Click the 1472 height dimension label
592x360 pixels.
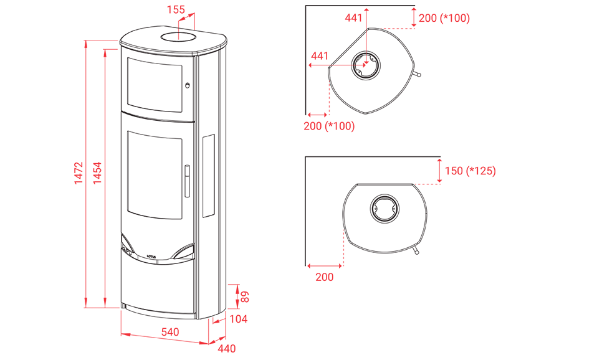(79, 173)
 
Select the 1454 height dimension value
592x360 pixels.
(97, 173)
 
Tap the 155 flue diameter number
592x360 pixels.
(176, 9)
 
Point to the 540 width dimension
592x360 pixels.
(170, 332)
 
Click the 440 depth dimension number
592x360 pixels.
(227, 349)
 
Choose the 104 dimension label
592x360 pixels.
(238, 320)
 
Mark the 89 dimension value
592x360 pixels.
(245, 296)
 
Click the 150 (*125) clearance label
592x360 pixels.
(470, 171)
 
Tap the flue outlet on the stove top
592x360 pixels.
(178, 37)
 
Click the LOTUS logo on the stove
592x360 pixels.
(151, 257)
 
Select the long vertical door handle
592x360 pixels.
(187, 181)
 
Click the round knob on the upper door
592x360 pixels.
(187, 85)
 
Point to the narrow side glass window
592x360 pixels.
(208, 176)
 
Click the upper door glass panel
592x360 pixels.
(155, 85)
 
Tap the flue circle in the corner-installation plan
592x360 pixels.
(365, 65)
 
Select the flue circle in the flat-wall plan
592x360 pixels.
(384, 208)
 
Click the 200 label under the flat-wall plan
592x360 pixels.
(324, 277)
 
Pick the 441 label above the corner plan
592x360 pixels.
(354, 17)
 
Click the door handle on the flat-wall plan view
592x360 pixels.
(416, 250)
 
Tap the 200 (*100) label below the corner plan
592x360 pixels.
(329, 126)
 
